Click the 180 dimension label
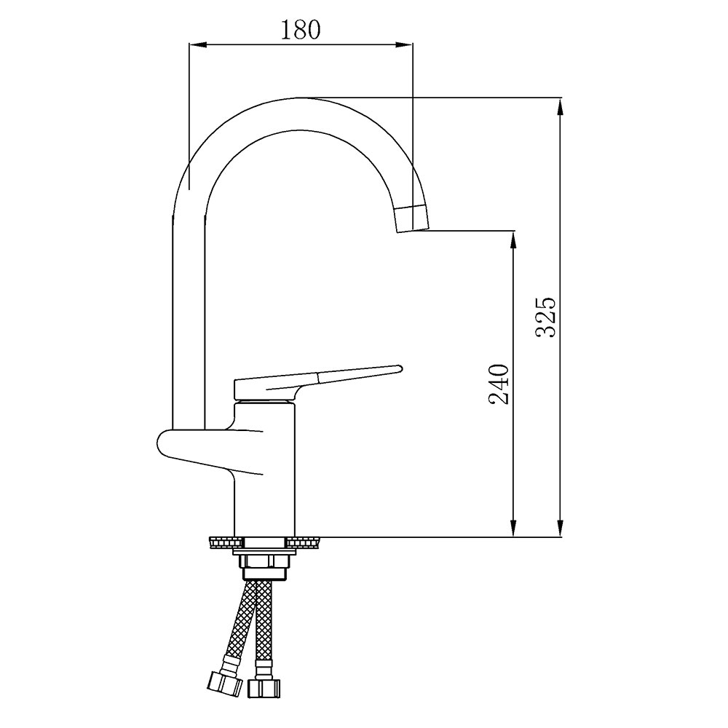[301, 30]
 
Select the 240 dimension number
[499, 383]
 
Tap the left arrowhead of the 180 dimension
[197, 44]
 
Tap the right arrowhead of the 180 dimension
[404, 44]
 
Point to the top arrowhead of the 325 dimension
[561, 107]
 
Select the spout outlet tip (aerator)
[411, 218]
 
